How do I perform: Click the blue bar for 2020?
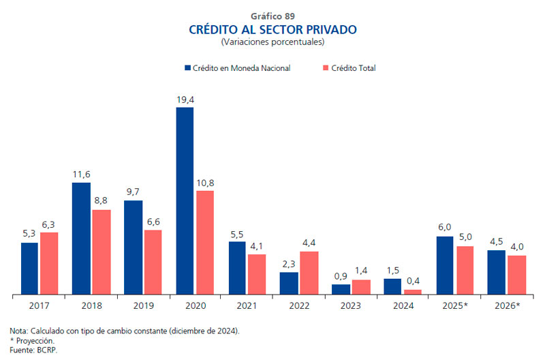pos(185,201)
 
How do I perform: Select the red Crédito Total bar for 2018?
pos(101,252)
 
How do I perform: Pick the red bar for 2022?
pos(309,273)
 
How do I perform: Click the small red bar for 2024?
pos(412,292)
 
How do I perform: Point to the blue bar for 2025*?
pos(445,265)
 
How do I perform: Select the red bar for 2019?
pos(153,262)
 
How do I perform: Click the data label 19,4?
pos(185,100)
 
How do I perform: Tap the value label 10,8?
pos(205,183)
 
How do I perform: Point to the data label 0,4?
pos(412,282)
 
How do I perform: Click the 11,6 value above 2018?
pos(82,175)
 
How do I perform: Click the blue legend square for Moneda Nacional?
pos(187,68)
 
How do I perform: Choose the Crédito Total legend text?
pos(354,68)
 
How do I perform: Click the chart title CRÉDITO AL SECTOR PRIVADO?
pos(272,30)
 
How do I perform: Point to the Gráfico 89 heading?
pos(272,16)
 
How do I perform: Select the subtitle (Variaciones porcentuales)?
pos(272,42)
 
